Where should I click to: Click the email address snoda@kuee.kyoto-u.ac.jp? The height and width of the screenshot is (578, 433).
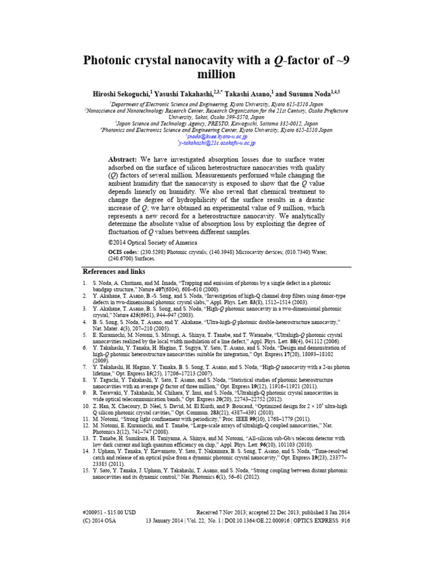[x=216, y=136]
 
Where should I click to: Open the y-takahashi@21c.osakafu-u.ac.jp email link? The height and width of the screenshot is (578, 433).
[x=217, y=143]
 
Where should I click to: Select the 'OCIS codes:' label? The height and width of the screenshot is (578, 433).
[x=124, y=250]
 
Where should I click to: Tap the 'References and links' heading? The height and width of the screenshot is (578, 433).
[x=114, y=271]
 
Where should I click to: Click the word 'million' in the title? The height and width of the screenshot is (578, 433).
[x=216, y=75]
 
